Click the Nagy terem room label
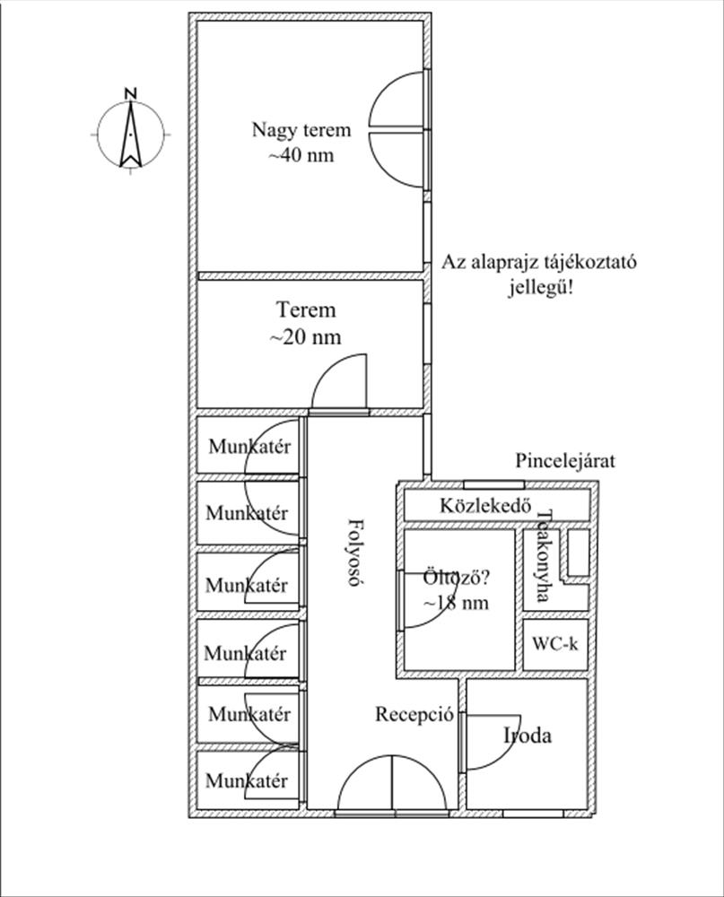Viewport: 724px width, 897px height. click(301, 130)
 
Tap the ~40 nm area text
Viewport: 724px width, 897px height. click(301, 155)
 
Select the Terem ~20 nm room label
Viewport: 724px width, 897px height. click(306, 323)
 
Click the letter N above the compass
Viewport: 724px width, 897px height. click(131, 94)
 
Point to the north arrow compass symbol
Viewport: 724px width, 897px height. click(131, 135)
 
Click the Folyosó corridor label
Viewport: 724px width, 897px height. click(356, 553)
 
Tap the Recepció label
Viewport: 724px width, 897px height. click(414, 715)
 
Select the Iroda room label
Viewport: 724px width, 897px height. click(528, 736)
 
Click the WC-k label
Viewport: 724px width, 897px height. click(555, 644)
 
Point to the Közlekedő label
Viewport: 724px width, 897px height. click(485, 506)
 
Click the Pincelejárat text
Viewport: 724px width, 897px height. click(565, 460)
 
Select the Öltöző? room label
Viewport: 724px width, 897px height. click(456, 578)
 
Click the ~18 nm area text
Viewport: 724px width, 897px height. click(456, 603)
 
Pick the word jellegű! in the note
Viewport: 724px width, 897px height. click(541, 287)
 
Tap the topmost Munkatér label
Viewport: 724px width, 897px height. click(249, 447)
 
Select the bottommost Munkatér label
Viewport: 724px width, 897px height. click(247, 780)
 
